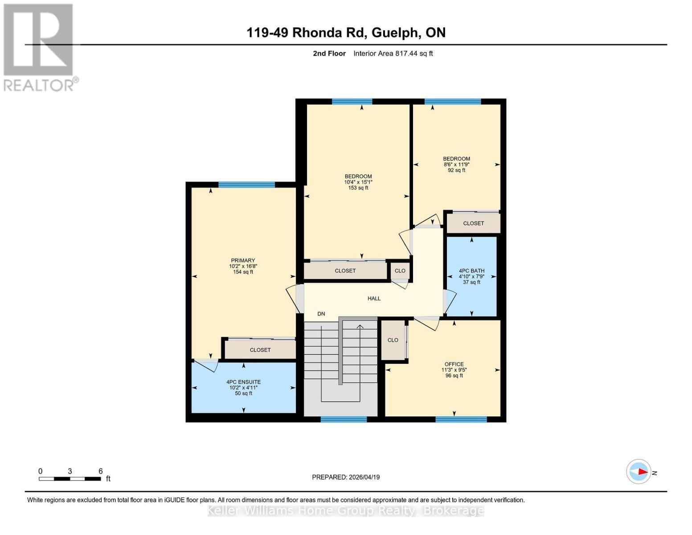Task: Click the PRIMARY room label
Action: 243,261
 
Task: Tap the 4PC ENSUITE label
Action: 243,382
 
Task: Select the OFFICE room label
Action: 454,364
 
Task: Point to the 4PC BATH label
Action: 471,271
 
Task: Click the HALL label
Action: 374,299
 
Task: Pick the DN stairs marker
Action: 321,314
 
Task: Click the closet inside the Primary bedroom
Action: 260,350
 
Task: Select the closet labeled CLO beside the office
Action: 393,340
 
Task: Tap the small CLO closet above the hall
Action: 400,271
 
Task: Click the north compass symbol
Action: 639,472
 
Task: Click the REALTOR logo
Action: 39,47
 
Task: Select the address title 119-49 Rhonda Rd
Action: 346,33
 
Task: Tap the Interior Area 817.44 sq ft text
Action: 393,53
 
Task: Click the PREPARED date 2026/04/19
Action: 346,477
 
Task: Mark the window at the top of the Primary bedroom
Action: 246,185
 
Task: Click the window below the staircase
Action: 344,419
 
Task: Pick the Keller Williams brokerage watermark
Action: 346,510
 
